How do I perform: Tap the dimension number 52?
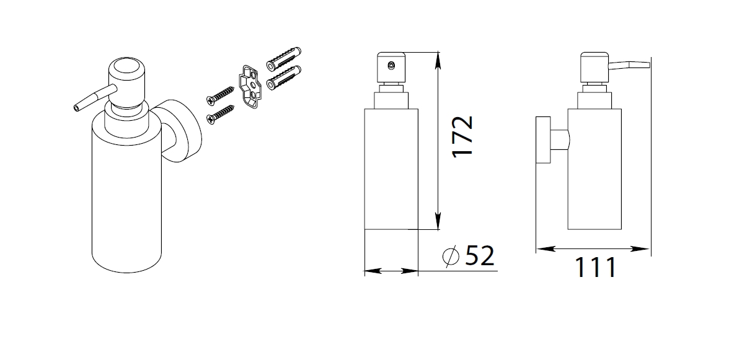point(480,255)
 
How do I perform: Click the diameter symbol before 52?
point(451,256)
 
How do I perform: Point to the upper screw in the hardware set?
point(220,94)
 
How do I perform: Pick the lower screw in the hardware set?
point(221,114)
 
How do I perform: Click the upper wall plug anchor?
point(284,58)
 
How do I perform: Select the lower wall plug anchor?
point(284,77)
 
